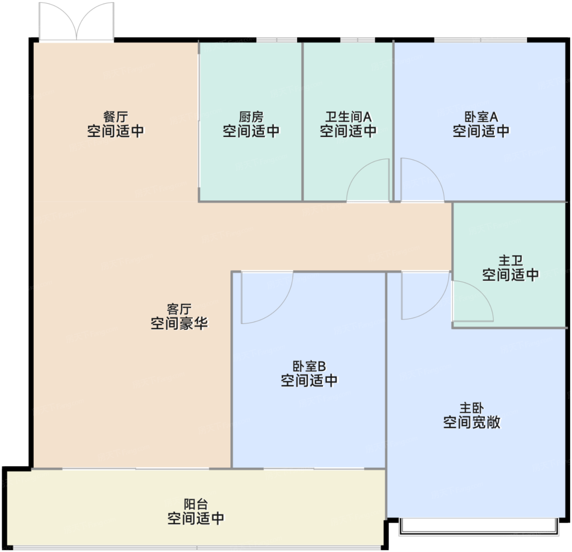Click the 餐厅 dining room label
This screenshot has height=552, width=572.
(116, 117)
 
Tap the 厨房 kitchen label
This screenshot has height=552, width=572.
(251, 117)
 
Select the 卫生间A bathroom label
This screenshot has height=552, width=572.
(349, 117)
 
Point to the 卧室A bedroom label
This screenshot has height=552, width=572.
(481, 117)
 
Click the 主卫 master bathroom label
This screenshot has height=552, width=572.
(511, 261)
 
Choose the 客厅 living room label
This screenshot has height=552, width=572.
(179, 309)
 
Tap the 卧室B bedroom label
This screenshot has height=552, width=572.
(309, 366)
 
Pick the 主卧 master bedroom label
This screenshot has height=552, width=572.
(472, 408)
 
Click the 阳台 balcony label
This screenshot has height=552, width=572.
(196, 504)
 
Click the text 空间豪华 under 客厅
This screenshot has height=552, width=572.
(179, 323)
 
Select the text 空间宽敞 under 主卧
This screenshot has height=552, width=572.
(472, 422)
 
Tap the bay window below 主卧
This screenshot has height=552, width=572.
(478, 526)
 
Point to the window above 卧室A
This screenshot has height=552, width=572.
(480, 40)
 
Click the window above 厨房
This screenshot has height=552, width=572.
(277, 40)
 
